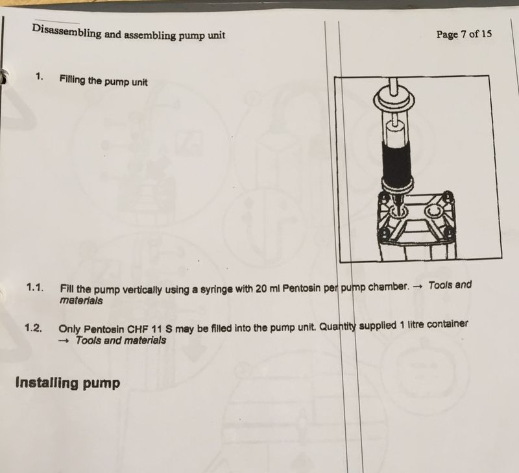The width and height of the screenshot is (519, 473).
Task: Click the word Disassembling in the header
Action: coord(67,32)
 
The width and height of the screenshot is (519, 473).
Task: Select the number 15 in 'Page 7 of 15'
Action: coord(486,34)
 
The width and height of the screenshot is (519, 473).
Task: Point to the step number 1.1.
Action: coord(35,287)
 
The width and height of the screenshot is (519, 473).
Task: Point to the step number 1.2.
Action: coord(33,328)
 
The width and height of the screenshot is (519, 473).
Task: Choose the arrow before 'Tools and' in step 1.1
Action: coord(418,287)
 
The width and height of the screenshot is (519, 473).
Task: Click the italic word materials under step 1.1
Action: coord(81,301)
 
